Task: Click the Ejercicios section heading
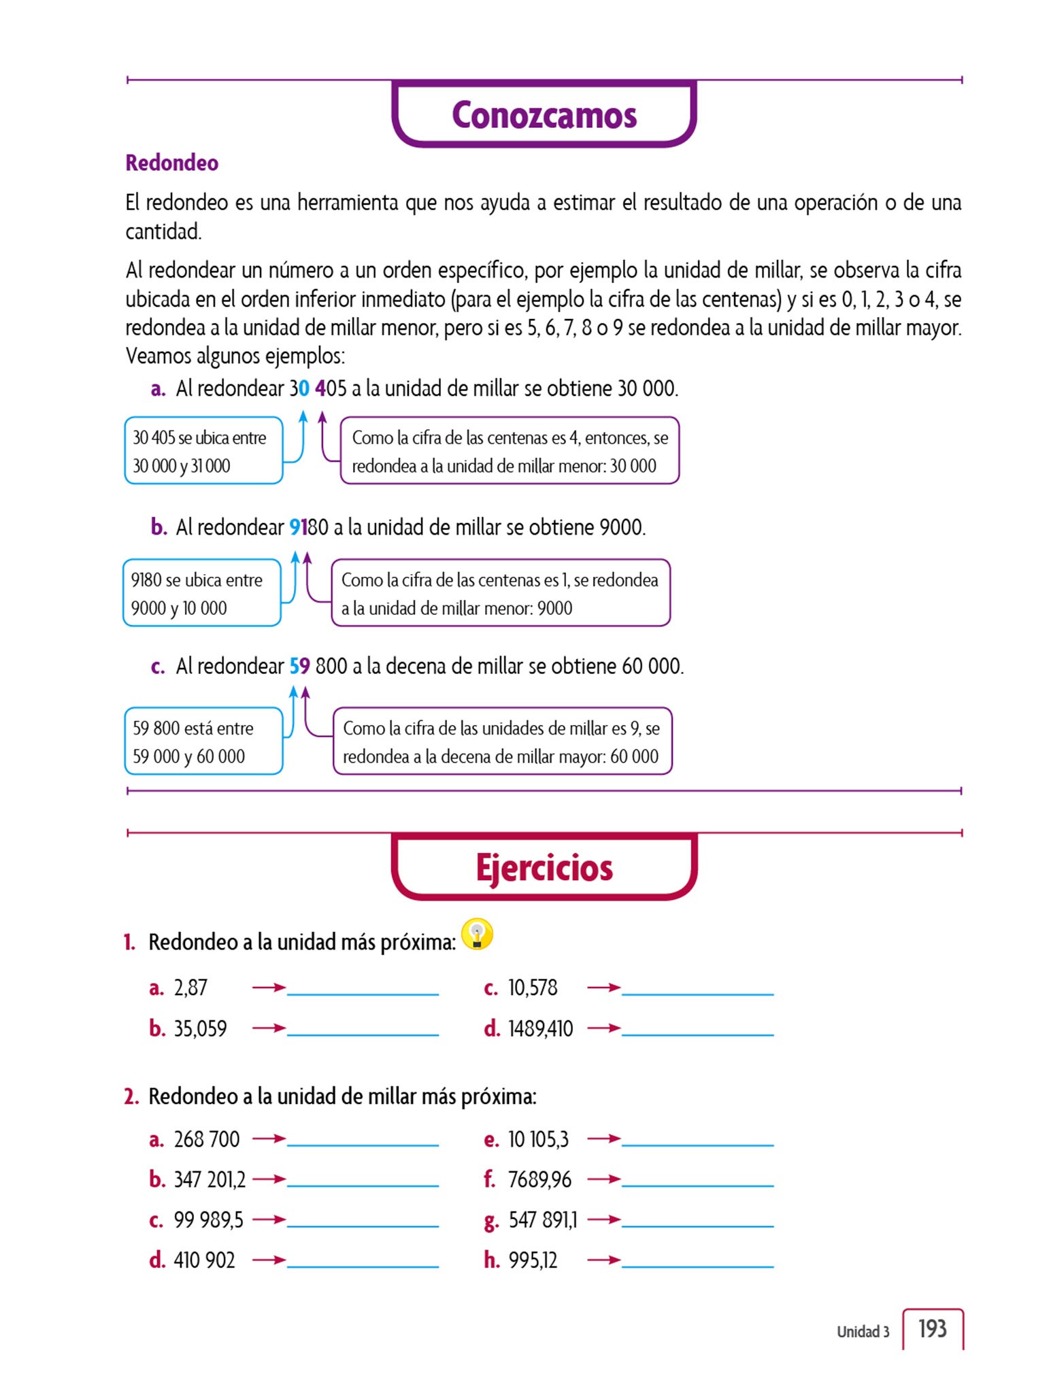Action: click(544, 868)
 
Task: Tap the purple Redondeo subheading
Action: click(171, 163)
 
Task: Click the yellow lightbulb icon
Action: click(477, 935)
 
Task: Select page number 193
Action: click(932, 1328)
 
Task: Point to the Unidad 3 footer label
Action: click(863, 1332)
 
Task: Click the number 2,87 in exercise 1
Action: click(190, 988)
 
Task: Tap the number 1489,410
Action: click(540, 1028)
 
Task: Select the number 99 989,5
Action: click(208, 1220)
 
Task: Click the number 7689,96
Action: click(539, 1179)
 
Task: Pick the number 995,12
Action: click(533, 1260)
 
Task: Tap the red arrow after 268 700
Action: click(269, 1139)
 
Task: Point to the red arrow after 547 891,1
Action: click(604, 1220)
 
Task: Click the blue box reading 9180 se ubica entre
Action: click(201, 593)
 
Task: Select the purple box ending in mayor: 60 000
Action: click(502, 741)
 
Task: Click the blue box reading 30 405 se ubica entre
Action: click(203, 451)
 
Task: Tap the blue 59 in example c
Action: click(300, 666)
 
